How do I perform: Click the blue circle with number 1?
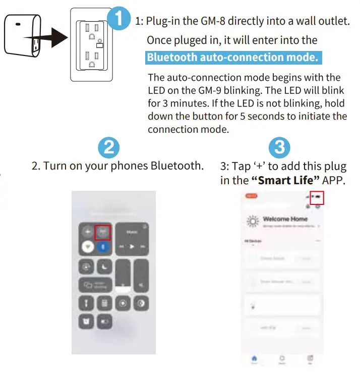tap(119, 20)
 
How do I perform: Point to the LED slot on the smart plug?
tap(18, 24)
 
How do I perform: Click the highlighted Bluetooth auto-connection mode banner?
tap(233, 58)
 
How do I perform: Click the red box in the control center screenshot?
tap(102, 232)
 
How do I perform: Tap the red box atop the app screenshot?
tap(317, 197)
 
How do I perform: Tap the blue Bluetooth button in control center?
tap(103, 247)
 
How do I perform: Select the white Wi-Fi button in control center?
tap(87, 247)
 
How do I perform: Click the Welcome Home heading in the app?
tap(285, 220)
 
